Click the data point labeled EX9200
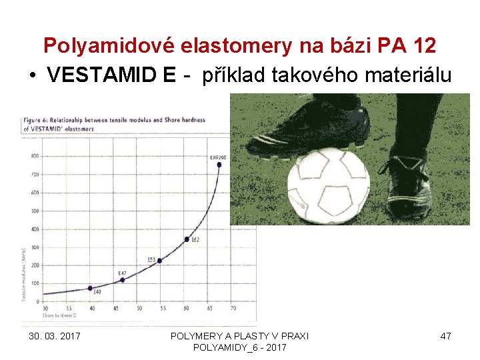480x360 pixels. [x=219, y=164]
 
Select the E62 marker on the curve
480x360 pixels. [x=187, y=239]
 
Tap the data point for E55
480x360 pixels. [x=159, y=261]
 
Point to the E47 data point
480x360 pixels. [x=122, y=279]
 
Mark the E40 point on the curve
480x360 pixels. [x=90, y=288]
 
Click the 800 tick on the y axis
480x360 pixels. [x=34, y=156]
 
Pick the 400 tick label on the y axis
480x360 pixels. [x=34, y=229]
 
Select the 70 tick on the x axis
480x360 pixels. [x=233, y=309]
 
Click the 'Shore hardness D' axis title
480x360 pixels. [x=57, y=315]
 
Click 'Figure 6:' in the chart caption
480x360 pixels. [x=34, y=120]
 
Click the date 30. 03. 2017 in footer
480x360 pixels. [x=55, y=336]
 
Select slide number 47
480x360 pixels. [x=445, y=336]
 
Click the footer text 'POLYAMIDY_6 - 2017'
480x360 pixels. [x=239, y=347]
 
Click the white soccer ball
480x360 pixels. [x=328, y=185]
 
